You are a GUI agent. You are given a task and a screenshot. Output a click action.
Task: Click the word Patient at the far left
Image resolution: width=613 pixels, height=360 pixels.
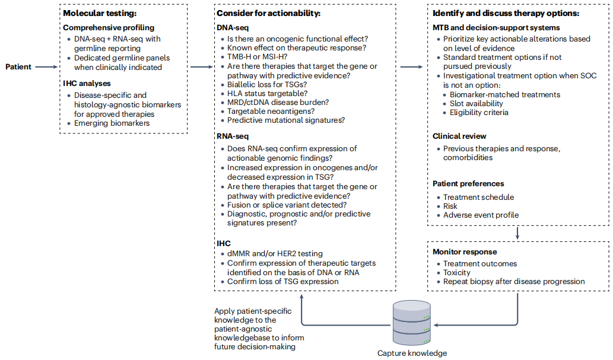18,67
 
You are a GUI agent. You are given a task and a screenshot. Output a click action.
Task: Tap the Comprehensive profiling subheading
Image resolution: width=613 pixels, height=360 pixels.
109,27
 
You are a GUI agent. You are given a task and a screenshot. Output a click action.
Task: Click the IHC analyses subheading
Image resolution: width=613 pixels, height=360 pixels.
87,84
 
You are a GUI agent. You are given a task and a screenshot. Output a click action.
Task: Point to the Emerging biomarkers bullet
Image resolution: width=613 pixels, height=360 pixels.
112,123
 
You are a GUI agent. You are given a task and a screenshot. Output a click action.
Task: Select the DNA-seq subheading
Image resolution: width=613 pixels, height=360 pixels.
233,27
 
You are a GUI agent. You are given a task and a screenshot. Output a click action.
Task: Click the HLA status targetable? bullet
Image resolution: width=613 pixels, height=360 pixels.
267,93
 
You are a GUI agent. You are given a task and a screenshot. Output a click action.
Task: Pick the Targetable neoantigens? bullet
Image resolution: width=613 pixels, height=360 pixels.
271,111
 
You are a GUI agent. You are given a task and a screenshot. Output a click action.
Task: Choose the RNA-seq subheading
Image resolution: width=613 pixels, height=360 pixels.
233,136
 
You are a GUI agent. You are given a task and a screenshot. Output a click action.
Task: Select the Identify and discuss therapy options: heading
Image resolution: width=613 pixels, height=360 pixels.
506,13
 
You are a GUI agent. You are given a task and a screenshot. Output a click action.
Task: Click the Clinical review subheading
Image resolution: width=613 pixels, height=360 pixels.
460,136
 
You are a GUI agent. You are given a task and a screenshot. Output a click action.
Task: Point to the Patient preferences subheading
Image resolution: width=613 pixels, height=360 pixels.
468,184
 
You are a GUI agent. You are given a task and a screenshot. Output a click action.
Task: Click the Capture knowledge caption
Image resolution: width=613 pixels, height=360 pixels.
412,353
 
